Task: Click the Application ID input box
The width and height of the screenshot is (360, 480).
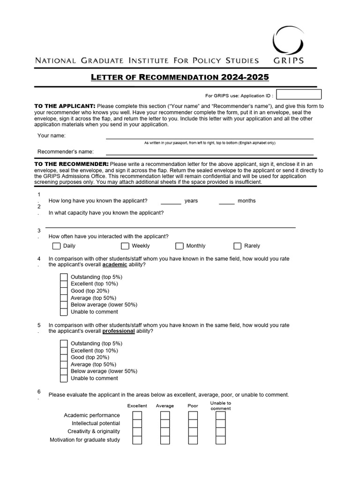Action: click(x=299, y=94)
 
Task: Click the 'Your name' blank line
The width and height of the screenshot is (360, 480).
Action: click(x=210, y=135)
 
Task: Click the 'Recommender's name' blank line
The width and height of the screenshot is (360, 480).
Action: click(x=210, y=151)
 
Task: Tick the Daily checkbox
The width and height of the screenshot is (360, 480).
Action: click(x=57, y=246)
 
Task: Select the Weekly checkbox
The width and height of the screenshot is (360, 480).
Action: click(x=125, y=246)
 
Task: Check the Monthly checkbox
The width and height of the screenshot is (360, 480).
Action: click(x=180, y=246)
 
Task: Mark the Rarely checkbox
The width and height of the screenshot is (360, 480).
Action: click(x=238, y=246)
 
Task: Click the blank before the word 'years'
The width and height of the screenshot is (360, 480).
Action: click(x=171, y=201)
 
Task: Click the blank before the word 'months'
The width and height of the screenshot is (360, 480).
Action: click(x=227, y=201)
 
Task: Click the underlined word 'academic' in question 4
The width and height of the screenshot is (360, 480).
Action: click(x=115, y=265)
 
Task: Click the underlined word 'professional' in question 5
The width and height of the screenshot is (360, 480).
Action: click(x=119, y=331)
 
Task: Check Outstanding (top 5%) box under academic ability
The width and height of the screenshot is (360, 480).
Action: click(x=64, y=277)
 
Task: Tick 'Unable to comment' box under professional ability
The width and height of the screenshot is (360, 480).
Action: click(x=64, y=378)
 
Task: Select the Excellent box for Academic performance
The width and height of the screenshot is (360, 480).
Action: click(x=137, y=416)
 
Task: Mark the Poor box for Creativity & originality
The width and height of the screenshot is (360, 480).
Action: click(x=193, y=432)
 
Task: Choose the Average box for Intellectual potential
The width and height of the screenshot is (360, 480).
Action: click(x=165, y=424)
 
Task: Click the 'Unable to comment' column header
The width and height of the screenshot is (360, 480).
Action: click(x=221, y=405)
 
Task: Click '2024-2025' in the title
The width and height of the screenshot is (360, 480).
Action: click(x=245, y=77)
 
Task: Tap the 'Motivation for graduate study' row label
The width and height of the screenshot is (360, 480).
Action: click(x=85, y=440)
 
